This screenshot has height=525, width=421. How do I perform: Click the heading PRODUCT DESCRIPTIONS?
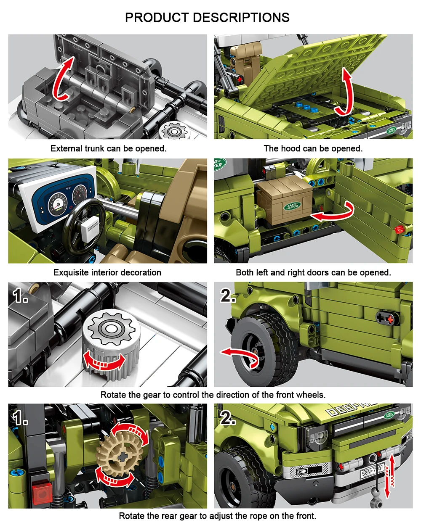[207, 17]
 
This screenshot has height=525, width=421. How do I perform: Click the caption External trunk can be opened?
[108, 148]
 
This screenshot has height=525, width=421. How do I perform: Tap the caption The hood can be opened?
[313, 148]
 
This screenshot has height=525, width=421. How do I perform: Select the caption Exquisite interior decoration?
[107, 272]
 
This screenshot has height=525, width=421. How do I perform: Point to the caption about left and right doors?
[313, 272]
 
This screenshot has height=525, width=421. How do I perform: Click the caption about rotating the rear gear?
[217, 516]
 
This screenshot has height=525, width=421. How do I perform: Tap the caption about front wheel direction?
[213, 395]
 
